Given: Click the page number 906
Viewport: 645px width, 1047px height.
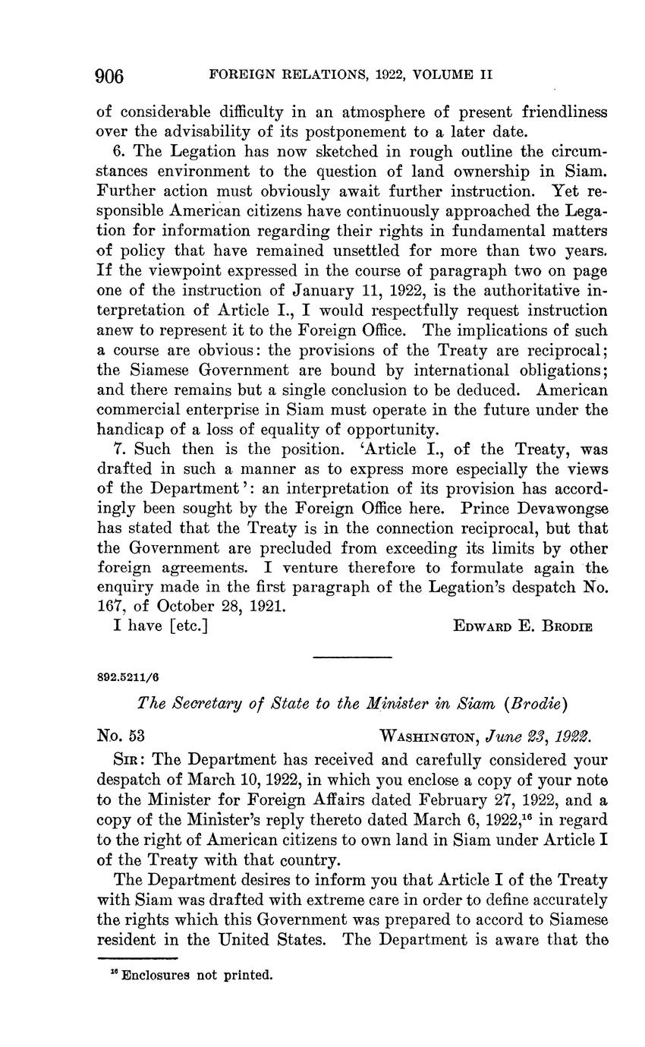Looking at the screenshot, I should pyautogui.click(x=110, y=76).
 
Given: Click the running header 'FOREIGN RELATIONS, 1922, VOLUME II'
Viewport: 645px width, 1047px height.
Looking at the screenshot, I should pyautogui.click(x=351, y=76).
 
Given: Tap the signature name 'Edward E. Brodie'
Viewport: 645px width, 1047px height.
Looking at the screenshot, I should pyautogui.click(x=522, y=626).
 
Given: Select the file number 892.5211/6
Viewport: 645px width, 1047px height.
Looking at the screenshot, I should pyautogui.click(x=128, y=677).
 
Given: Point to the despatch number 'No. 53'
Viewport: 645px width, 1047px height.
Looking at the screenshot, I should pyautogui.click(x=121, y=736).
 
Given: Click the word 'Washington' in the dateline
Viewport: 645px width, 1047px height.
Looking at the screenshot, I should pyautogui.click(x=428, y=736).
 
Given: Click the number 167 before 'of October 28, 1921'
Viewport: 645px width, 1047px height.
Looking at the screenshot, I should pyautogui.click(x=112, y=607).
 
